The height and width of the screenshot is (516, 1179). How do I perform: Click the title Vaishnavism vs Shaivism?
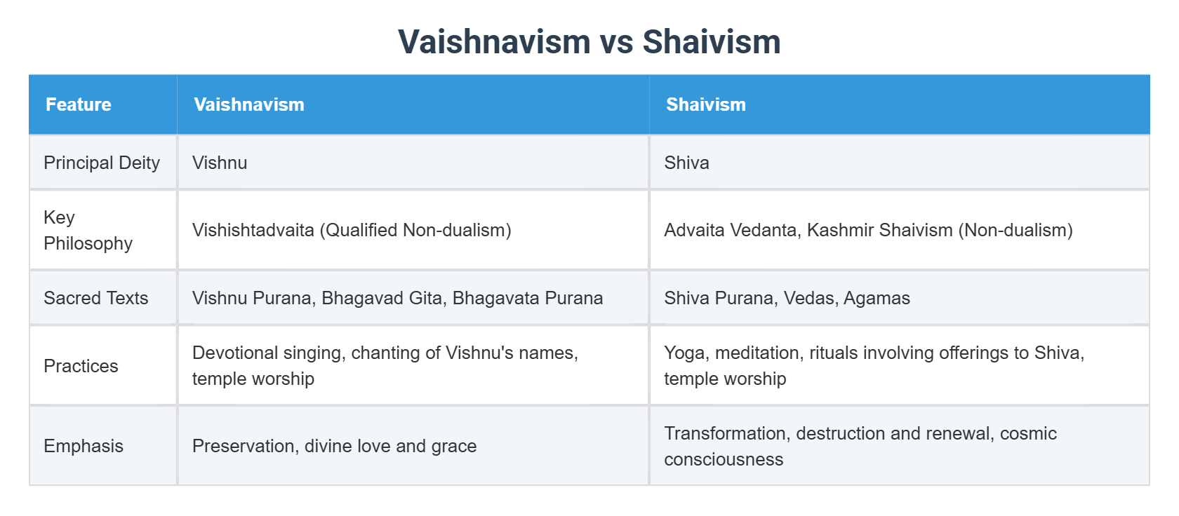point(589,41)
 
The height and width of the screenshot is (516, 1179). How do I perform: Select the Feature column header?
point(79,104)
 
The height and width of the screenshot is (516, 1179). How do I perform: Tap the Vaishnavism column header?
point(249,104)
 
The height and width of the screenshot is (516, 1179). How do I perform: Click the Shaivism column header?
point(705,104)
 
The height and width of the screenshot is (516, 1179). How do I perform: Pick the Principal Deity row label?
point(102,163)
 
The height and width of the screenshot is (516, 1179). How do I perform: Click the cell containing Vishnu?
point(220,163)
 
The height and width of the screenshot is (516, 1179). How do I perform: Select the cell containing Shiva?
point(686,163)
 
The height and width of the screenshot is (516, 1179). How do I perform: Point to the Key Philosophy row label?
point(88,230)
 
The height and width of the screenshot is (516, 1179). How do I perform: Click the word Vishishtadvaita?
point(253,230)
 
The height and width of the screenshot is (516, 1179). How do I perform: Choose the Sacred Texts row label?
point(95,298)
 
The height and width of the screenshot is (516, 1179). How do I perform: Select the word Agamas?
point(877,298)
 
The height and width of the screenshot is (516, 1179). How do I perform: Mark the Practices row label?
point(81,366)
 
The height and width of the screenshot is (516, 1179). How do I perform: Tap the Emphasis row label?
point(83,446)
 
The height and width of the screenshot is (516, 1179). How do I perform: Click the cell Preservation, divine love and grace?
point(334,446)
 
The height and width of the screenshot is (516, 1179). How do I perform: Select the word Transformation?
point(726,433)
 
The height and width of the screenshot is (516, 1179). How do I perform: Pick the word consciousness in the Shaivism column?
point(724,459)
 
